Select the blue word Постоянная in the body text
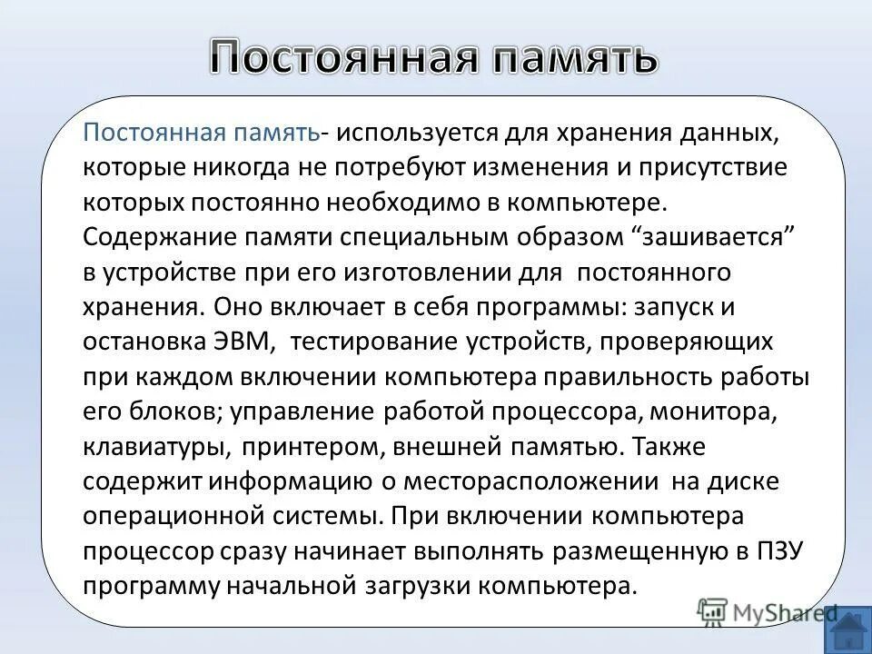click(154, 134)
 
